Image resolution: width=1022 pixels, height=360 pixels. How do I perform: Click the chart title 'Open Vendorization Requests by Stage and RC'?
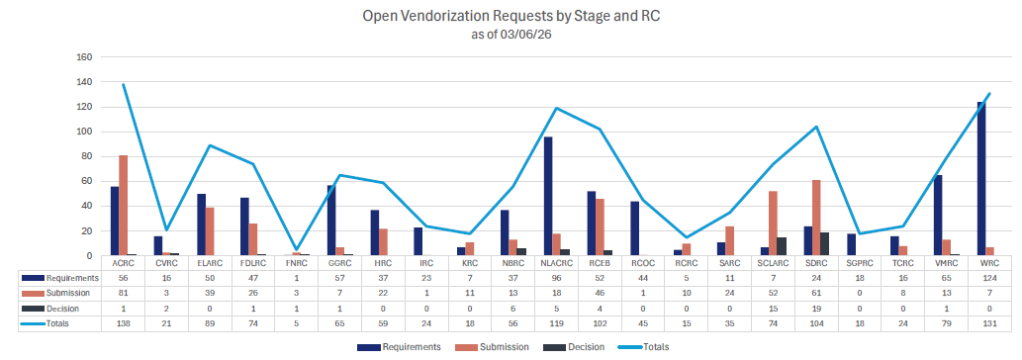(x=511, y=17)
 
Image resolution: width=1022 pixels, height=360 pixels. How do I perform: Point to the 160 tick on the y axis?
(x=83, y=57)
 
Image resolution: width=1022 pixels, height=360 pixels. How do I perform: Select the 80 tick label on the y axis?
(x=86, y=156)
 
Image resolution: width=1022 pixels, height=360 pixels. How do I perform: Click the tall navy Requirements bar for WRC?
(x=979, y=178)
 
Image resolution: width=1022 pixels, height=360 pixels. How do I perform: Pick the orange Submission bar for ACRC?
(x=123, y=205)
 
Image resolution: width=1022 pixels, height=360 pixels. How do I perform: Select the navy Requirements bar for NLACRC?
(x=547, y=196)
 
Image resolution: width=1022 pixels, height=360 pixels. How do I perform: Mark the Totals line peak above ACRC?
(x=123, y=85)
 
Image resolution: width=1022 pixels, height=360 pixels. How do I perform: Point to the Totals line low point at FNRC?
(x=298, y=252)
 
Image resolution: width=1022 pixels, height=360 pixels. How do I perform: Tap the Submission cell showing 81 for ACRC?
(x=123, y=295)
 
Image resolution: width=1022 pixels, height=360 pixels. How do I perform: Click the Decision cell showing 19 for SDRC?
(x=815, y=309)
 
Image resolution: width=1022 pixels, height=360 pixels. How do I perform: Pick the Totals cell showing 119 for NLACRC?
(x=555, y=322)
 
